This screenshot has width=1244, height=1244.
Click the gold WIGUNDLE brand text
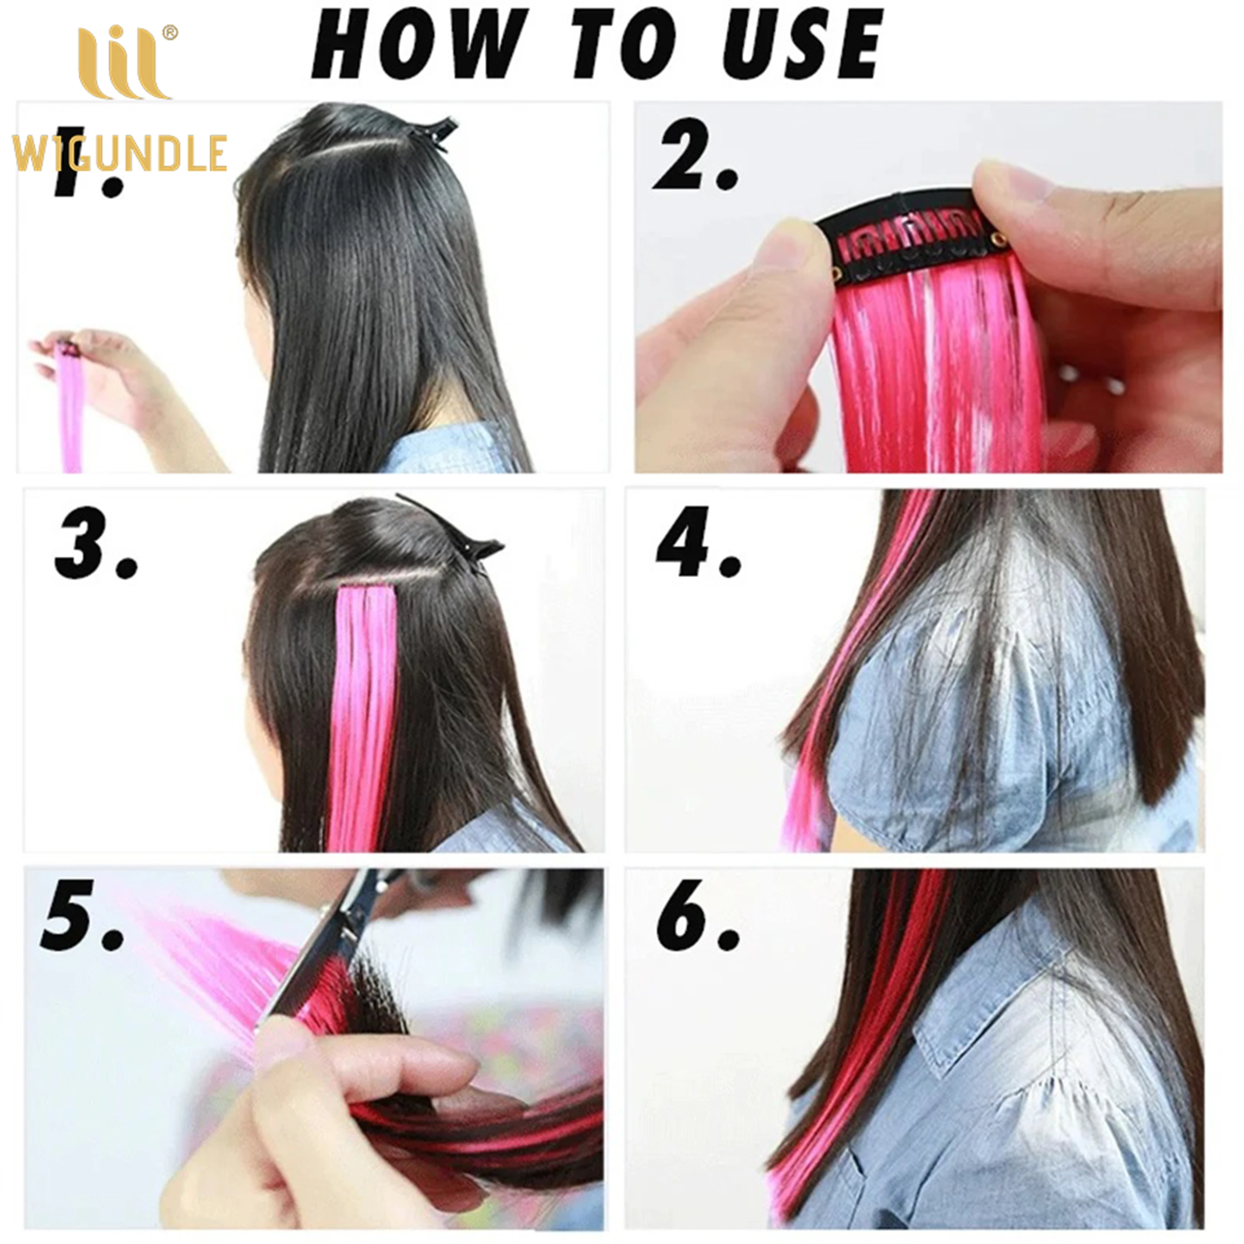119,153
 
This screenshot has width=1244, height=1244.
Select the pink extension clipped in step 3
364,695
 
